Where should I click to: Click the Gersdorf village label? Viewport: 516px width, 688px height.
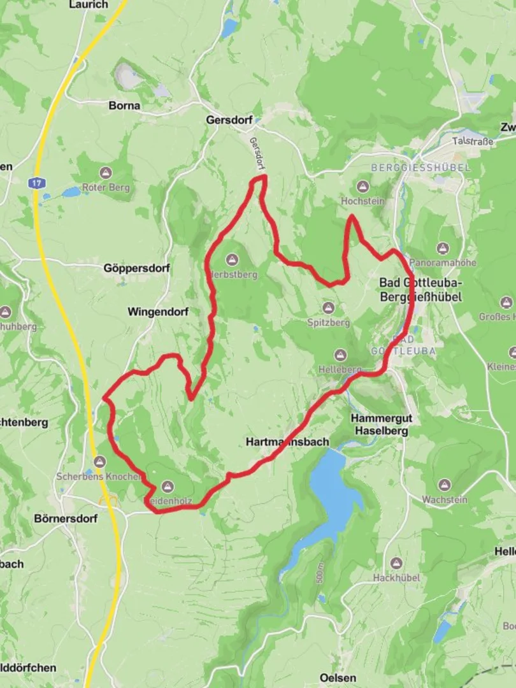coord(229,120)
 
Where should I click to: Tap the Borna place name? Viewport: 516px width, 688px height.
coord(124,106)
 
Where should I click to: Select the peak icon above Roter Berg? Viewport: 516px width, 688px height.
coord(106,173)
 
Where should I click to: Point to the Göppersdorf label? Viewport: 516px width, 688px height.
coord(136,269)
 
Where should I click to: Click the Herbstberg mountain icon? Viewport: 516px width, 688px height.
coord(231,260)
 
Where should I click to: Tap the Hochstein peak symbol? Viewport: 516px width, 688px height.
coord(362,187)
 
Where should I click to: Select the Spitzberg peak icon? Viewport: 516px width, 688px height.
coord(328,308)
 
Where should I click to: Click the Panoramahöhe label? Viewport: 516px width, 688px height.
coord(443,262)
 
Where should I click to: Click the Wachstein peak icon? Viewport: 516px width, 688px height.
coord(444,485)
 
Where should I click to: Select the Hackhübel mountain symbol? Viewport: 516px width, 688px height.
coord(396,564)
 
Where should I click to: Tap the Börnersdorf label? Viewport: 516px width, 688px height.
coord(66,519)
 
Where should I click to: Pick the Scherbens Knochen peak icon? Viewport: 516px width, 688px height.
coord(99,462)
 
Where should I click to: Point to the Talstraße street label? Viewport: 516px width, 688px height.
coord(472,141)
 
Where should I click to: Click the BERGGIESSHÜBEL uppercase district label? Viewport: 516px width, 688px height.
coord(420,168)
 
